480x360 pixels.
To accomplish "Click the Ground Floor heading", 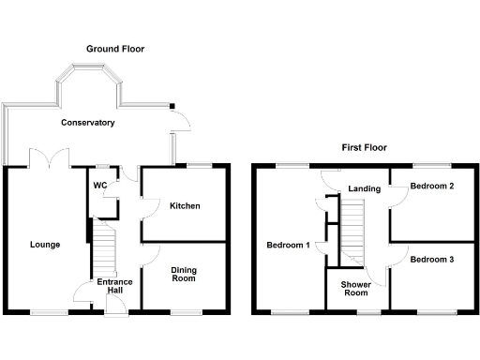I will click(x=115, y=48).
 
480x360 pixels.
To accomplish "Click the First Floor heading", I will click(x=364, y=147).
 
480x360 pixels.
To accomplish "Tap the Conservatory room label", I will click(x=88, y=123).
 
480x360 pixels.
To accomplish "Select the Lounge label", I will click(x=44, y=245).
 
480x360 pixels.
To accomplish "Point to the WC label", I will click(x=100, y=185).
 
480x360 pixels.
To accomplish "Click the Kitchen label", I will click(x=185, y=205).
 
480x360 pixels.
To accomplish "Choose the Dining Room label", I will click(x=183, y=274).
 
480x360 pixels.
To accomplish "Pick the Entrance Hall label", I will click(x=114, y=286).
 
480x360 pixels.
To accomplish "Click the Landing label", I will click(x=364, y=188).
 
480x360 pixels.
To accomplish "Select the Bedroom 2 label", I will click(x=432, y=186).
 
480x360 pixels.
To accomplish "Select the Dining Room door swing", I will click(x=151, y=253).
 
